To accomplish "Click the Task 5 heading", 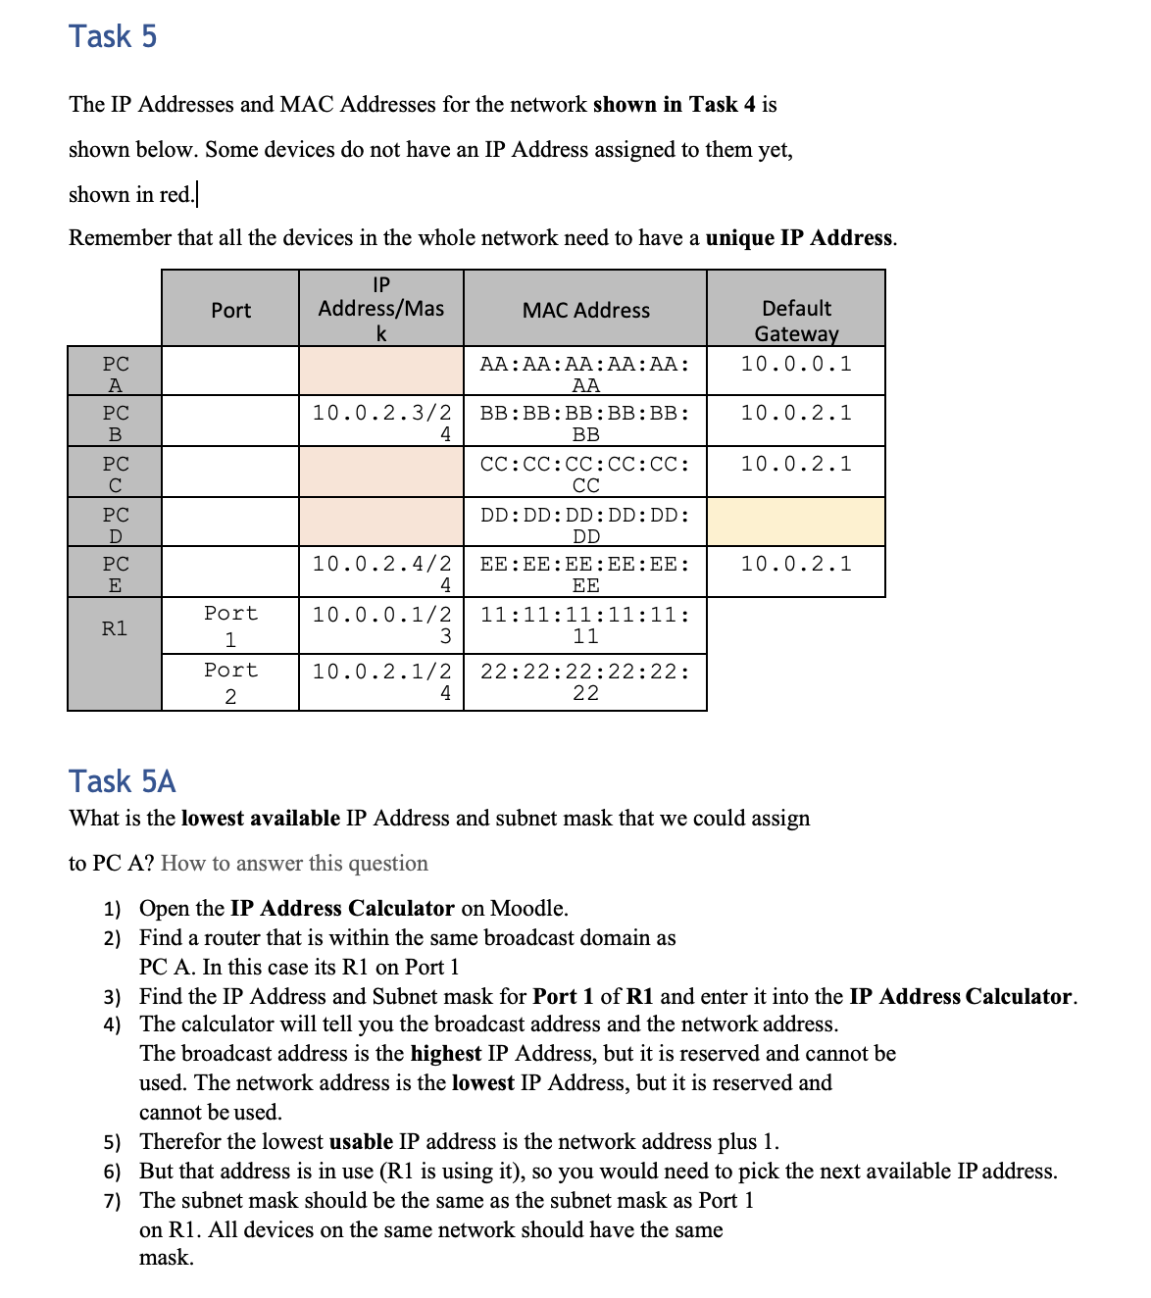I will (113, 36).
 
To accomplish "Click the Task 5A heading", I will (123, 781).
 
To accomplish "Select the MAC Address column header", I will (585, 310).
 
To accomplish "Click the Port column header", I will (230, 310).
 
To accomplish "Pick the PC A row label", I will (115, 373).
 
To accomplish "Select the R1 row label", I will (115, 628).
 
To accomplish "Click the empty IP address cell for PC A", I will (380, 372).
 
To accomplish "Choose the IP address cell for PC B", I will (381, 423).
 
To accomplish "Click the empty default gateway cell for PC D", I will (796, 523).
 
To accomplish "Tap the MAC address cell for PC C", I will (585, 474).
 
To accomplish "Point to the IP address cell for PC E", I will (381, 574).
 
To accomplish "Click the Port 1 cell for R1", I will (230, 625).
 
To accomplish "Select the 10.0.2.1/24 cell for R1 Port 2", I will (381, 681).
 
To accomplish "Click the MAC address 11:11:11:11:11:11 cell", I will (585, 624).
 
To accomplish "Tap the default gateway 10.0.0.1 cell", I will (796, 364).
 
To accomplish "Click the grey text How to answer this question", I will (294, 863).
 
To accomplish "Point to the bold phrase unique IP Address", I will (798, 238).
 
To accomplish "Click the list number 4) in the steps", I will (112, 1025).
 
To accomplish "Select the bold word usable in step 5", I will (360, 1142).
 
